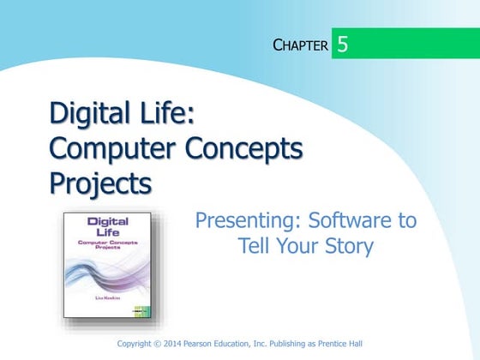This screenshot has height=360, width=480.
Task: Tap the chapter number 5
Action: [343, 44]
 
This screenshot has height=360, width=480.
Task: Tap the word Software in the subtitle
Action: [335, 220]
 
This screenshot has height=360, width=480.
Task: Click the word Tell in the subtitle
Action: [255, 247]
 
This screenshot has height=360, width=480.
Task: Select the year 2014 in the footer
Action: [177, 344]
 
